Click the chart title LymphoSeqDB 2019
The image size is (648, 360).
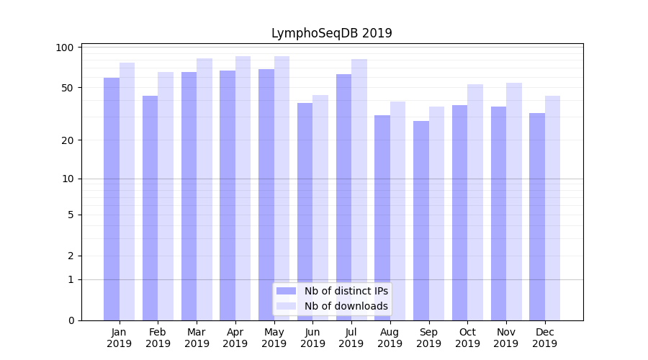[331, 33]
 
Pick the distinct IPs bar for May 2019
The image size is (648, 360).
[266, 194]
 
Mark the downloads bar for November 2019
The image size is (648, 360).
[514, 202]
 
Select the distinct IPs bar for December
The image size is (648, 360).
[537, 216]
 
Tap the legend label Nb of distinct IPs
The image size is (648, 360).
[346, 291]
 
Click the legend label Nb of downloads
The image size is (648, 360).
[346, 306]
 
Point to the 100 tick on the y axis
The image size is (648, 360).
[66, 48]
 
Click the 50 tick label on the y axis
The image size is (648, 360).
[68, 88]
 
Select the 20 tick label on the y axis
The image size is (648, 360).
[68, 140]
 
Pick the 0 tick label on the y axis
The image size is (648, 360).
[71, 320]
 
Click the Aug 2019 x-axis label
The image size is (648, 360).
[390, 338]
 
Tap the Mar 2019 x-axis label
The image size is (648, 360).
[197, 338]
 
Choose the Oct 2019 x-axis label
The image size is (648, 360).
[467, 338]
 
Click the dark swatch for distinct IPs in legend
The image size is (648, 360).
[287, 291]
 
